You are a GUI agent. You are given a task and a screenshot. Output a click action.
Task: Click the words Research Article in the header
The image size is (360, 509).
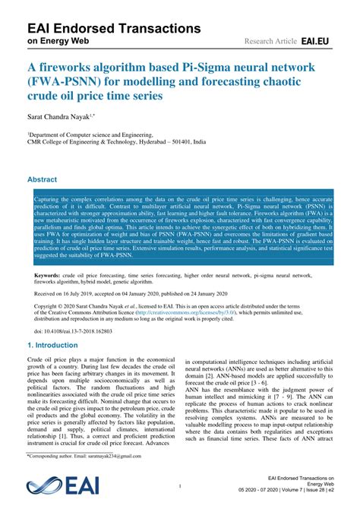click(270, 39)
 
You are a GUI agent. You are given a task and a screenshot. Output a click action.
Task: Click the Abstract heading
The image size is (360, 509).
click(43, 180)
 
